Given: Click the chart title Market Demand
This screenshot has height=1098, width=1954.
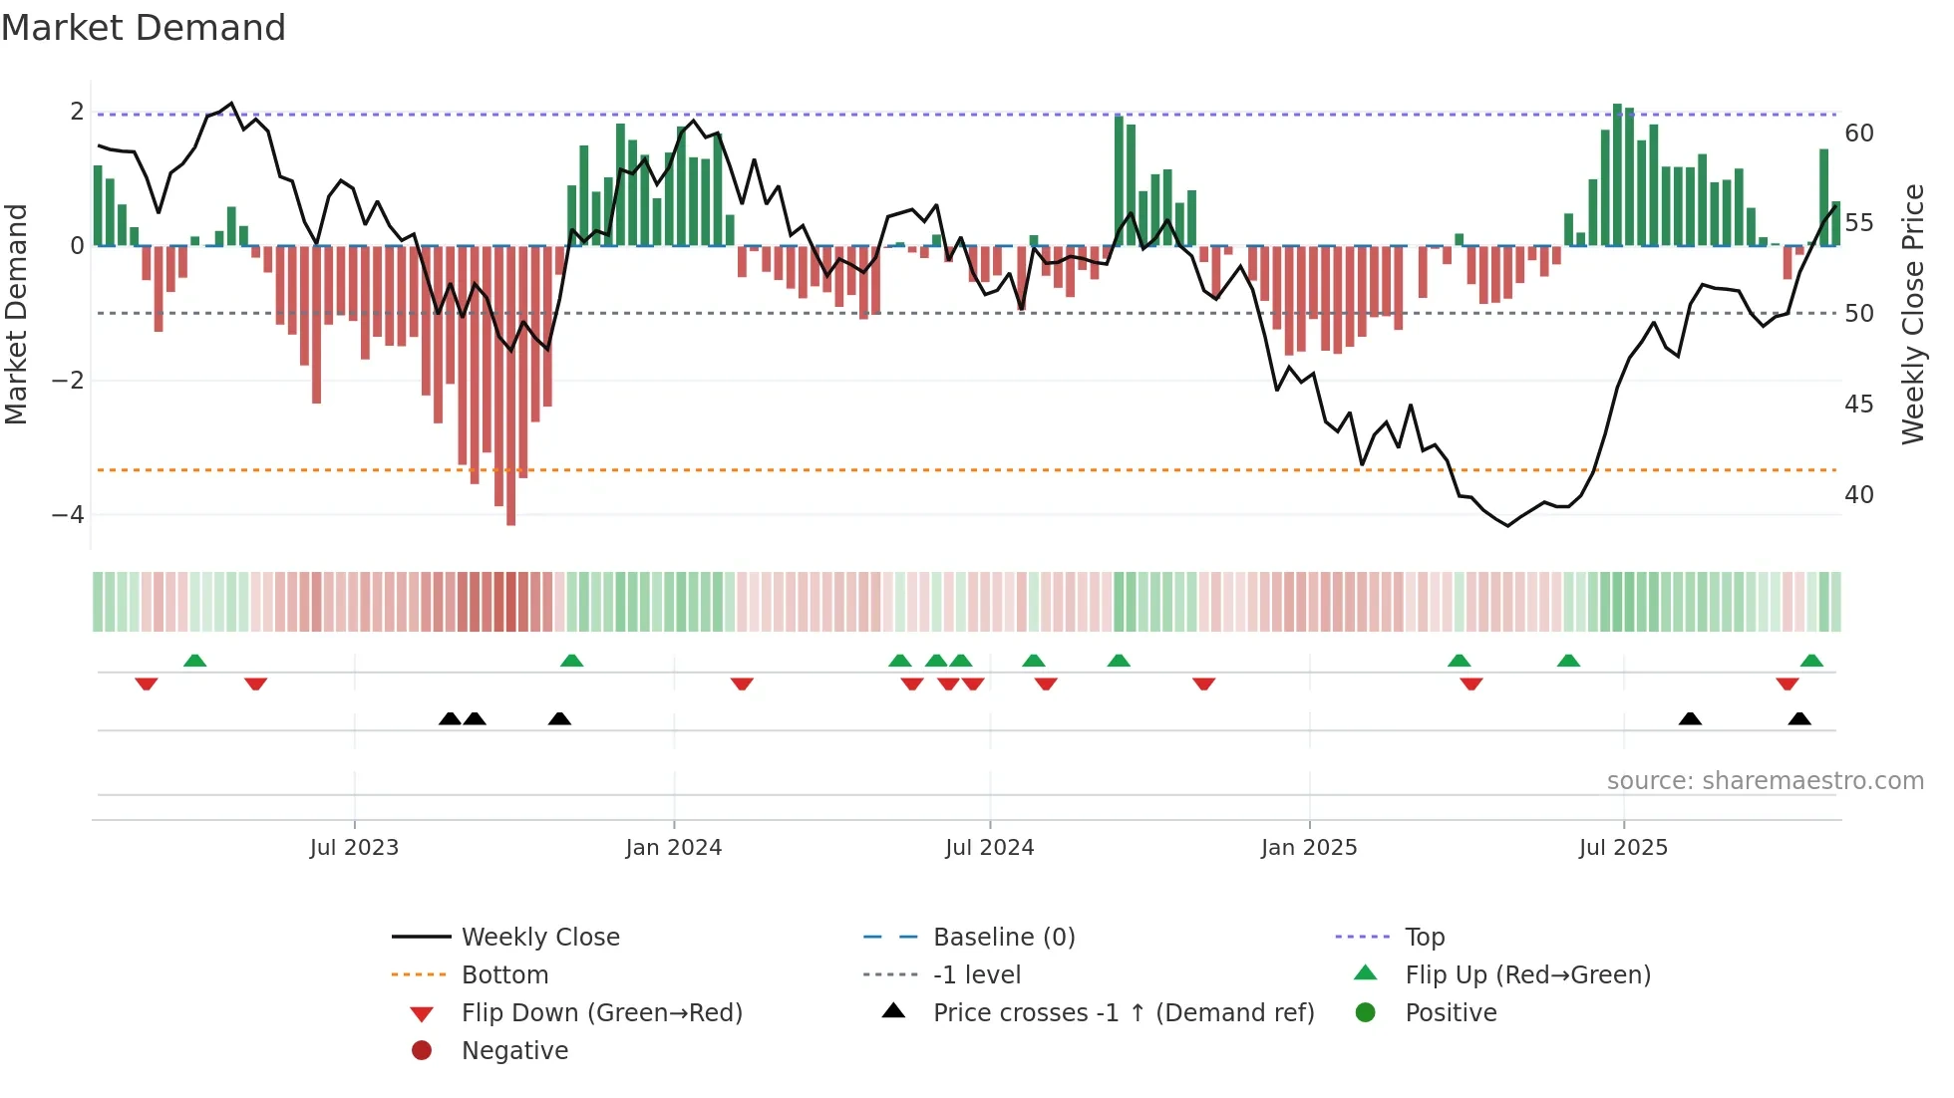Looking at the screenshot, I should pos(144,28).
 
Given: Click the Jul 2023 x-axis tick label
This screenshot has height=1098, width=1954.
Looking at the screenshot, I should pos(354,848).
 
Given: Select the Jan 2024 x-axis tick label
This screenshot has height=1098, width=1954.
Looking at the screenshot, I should pos(673,848).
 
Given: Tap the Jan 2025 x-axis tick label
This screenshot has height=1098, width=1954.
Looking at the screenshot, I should pos(1308,848).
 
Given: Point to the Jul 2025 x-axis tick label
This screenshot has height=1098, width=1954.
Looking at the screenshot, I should pos(1623,848).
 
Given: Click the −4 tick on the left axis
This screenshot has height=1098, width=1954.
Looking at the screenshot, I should pos(68,515).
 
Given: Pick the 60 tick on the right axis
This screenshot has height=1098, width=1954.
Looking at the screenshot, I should pos(1859,134).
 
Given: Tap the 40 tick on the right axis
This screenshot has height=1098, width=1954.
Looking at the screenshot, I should pos(1859,495).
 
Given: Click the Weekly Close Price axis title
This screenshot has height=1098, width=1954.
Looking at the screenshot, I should pos(1912,314).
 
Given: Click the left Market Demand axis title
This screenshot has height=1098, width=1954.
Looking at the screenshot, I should pos(16,314).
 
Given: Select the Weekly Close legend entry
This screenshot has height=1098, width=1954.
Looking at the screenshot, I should pos(540,938).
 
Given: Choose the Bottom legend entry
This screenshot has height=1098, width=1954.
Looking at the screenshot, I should pos(504,975).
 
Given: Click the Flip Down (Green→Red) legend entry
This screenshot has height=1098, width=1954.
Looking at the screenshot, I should pos(601,1013).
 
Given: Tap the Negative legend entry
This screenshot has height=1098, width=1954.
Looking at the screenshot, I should pos(514,1051).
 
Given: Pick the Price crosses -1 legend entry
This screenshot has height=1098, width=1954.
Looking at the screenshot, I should pos(1123,1013).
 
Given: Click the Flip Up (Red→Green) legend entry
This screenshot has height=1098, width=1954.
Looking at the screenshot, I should pos(1527,975).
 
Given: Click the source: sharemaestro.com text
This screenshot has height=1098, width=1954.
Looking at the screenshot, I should pos(1765,781).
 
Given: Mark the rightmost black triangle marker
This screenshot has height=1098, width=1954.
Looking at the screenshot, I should pos(1799,718).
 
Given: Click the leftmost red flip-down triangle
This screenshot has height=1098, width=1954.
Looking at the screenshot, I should pos(147,684).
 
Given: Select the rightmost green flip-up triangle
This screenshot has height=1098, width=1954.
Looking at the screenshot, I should pos(1811,661).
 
